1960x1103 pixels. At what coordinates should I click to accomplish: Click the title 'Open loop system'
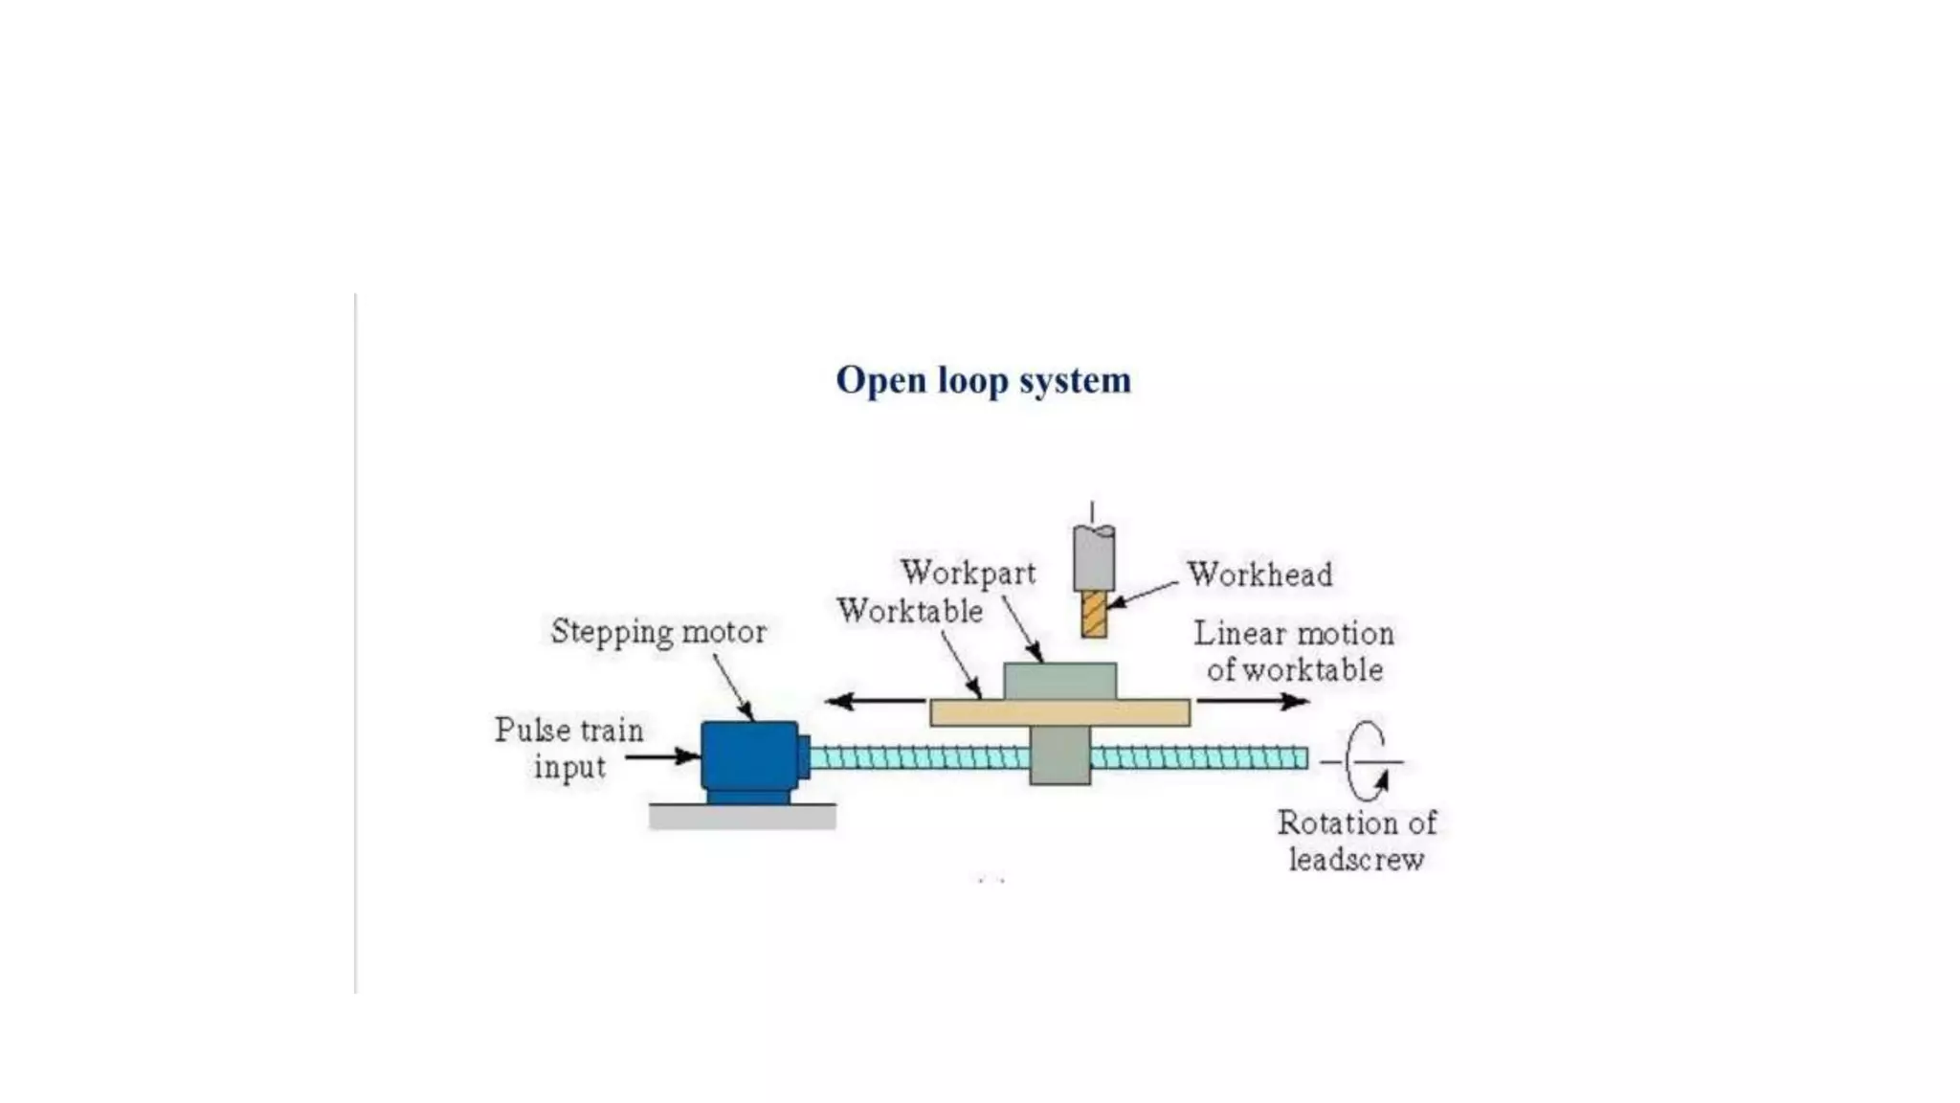983,380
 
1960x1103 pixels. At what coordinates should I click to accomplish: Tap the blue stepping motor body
748,755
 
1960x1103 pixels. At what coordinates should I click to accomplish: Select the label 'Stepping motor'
658,632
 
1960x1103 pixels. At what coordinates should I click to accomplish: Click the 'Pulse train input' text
568,748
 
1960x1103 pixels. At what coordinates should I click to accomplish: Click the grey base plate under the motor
742,816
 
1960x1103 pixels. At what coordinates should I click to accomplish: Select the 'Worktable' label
909,611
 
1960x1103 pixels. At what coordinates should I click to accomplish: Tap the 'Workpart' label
968,573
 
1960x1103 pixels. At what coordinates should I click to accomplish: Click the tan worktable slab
1059,712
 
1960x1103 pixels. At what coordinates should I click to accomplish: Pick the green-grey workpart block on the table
1059,681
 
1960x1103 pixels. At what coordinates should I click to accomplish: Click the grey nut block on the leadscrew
1059,755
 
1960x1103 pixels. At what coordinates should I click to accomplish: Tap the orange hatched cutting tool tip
1094,614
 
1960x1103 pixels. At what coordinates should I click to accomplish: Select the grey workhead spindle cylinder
1093,557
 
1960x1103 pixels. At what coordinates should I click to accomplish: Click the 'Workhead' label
1259,574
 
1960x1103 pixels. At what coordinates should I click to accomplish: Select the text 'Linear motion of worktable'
1294,651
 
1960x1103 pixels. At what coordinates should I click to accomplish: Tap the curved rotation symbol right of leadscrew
1366,761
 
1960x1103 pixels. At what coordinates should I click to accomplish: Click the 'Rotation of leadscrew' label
1356,841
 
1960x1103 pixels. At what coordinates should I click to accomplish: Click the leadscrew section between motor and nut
919,758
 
